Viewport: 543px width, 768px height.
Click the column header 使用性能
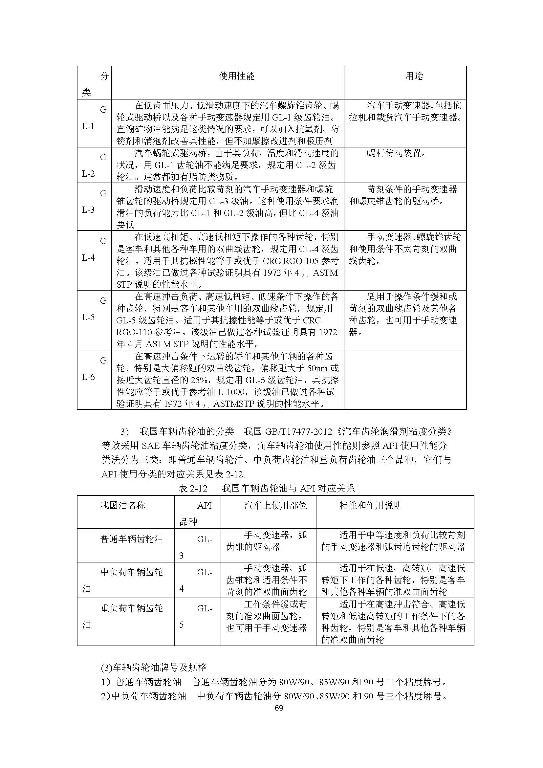(236, 76)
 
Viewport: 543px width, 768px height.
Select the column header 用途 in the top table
(414, 76)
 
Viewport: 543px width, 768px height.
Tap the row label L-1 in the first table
(88, 126)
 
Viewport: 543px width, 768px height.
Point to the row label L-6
(88, 377)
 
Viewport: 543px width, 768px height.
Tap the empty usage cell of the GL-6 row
(405, 379)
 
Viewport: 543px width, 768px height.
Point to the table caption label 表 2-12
(193, 489)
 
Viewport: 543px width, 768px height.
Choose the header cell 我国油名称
(123, 505)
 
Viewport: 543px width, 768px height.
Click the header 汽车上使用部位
(275, 505)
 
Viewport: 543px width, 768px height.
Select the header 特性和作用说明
(370, 505)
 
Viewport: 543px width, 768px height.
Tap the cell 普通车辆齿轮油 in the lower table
(131, 539)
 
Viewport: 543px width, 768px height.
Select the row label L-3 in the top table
(88, 210)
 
